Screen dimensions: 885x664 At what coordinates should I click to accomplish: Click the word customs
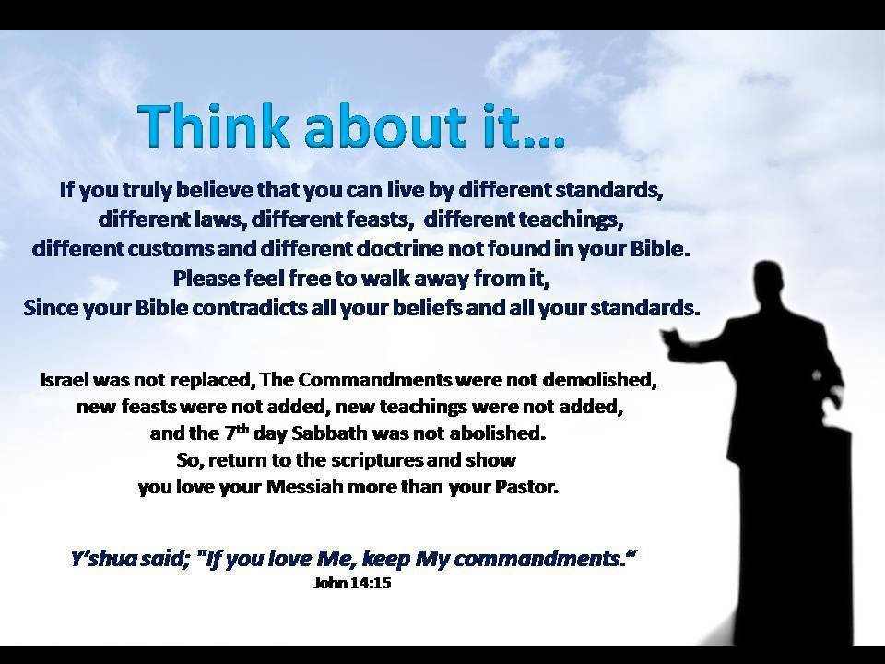[171, 248]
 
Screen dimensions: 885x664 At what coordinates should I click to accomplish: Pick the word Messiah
[304, 487]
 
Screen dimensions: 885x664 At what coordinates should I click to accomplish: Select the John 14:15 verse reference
[352, 582]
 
